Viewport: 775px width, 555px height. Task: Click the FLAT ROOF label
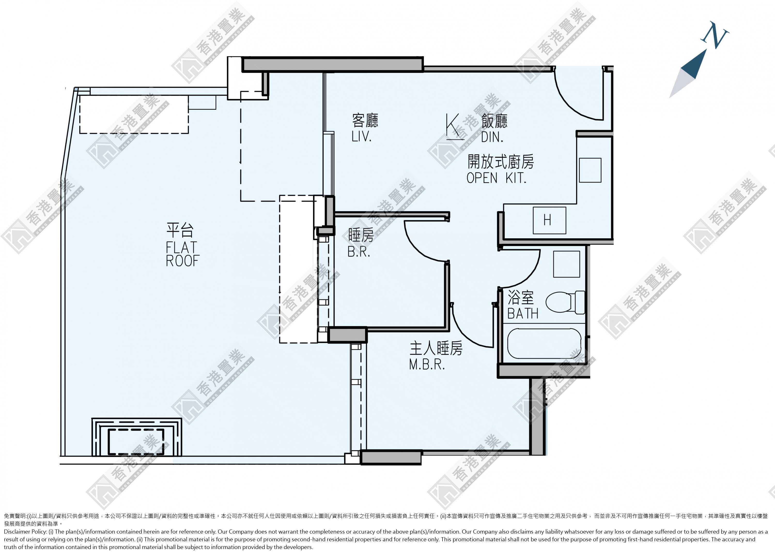(182, 254)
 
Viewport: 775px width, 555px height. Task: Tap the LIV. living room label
(361, 136)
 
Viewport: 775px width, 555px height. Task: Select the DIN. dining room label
(492, 137)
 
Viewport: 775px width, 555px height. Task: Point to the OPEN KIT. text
(496, 178)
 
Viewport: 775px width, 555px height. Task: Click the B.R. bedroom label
(359, 251)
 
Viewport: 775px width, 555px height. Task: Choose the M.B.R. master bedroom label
(427, 365)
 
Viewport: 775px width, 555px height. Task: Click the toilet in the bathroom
(565, 302)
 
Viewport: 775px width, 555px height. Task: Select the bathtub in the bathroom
(544, 343)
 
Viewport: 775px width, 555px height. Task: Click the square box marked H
(549, 220)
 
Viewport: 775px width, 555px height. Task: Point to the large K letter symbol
(453, 127)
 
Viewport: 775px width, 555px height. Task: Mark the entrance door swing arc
(571, 102)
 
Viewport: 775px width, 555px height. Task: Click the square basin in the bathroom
(566, 264)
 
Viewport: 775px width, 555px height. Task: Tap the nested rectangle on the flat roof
(136, 437)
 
